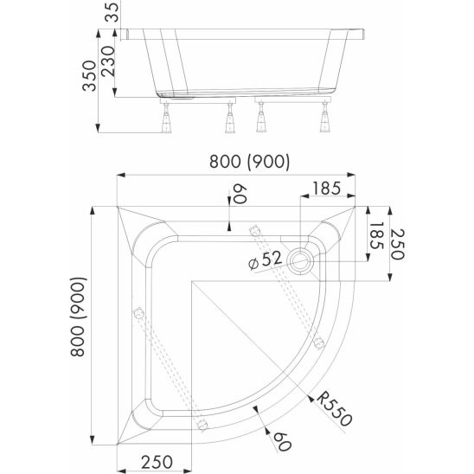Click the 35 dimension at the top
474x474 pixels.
pyautogui.click(x=112, y=11)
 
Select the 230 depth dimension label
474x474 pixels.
pyautogui.click(x=108, y=61)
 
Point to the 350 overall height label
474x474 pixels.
pyautogui.click(x=89, y=76)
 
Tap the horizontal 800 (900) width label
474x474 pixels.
pyautogui.click(x=249, y=161)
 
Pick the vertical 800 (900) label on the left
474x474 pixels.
pyautogui.click(x=79, y=317)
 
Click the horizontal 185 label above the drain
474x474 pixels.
pyautogui.click(x=326, y=189)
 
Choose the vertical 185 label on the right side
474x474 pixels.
pyautogui.click(x=376, y=236)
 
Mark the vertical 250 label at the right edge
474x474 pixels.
pyautogui.click(x=397, y=244)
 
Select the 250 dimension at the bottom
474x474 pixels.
pyautogui.click(x=157, y=462)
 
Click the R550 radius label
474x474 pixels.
pyautogui.click(x=335, y=408)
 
